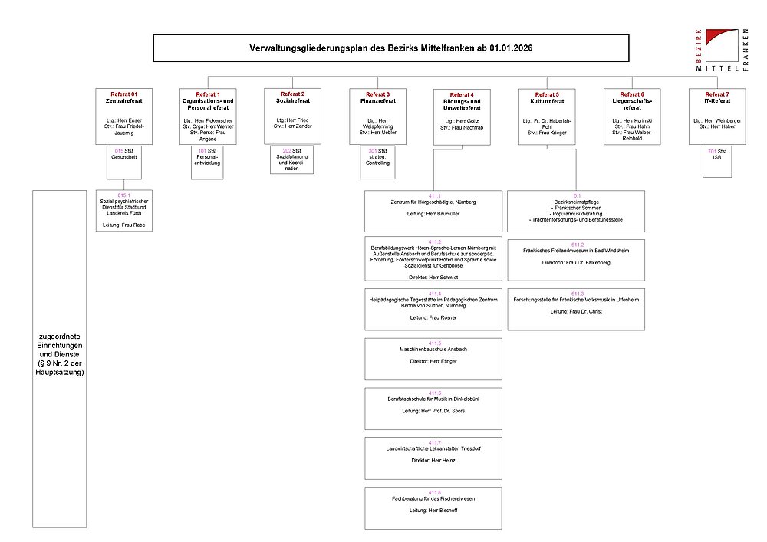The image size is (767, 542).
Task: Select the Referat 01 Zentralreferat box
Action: click(x=123, y=116)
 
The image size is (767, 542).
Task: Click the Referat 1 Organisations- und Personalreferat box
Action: click(x=208, y=116)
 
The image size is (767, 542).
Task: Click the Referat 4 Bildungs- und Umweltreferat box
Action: click(x=462, y=116)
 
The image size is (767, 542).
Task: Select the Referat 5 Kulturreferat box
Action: click(x=547, y=116)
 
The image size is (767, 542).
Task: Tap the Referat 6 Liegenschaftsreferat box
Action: click(x=632, y=116)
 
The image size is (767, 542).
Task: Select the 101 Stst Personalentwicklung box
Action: click(x=208, y=163)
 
